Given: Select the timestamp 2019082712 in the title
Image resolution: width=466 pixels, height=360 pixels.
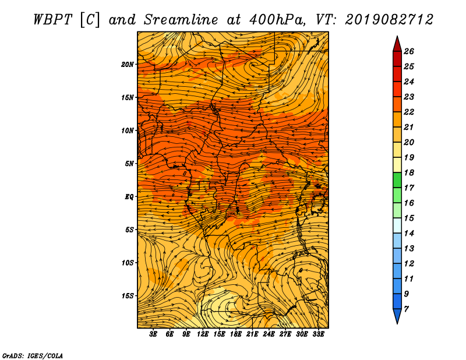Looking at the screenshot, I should pyautogui.click(x=389, y=19).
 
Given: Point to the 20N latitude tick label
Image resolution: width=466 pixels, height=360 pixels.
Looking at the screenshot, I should pyautogui.click(x=128, y=65).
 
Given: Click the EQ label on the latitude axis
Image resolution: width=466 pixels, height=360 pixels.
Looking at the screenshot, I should pyautogui.click(x=129, y=197).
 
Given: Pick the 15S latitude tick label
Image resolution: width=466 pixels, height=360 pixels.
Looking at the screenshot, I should pyautogui.click(x=128, y=296).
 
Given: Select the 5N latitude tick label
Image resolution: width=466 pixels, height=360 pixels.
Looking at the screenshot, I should pyautogui.click(x=129, y=164).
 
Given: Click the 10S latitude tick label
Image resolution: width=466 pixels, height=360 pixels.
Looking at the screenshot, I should pyautogui.click(x=128, y=263).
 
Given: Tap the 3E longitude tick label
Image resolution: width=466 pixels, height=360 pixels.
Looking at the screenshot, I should pyautogui.click(x=154, y=334).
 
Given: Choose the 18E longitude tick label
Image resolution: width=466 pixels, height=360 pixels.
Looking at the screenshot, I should pyautogui.click(x=236, y=334).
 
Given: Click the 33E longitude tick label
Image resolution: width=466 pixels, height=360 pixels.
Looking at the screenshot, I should pyautogui.click(x=318, y=334).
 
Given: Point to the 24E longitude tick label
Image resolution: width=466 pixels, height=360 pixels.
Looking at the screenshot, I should pyautogui.click(x=269, y=334).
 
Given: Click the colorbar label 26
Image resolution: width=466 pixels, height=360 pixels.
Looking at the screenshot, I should pyautogui.click(x=408, y=51).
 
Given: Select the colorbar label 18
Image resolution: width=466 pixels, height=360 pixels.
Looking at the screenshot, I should pyautogui.click(x=408, y=172).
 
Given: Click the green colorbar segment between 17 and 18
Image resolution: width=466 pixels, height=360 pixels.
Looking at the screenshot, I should pyautogui.click(x=397, y=180).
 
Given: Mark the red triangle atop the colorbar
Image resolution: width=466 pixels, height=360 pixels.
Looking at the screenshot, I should pyautogui.click(x=397, y=44).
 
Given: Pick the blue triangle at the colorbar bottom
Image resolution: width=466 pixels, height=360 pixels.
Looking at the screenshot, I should pyautogui.click(x=397, y=316).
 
